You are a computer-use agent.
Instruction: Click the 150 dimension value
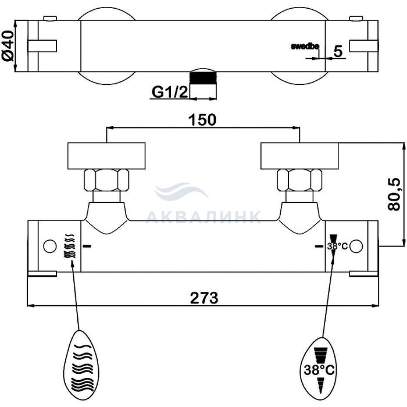point(202,120)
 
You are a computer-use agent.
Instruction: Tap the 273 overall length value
point(204,298)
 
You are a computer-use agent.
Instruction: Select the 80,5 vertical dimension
point(394,194)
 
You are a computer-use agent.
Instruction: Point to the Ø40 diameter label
point(8,45)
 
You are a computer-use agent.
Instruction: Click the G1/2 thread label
point(170,92)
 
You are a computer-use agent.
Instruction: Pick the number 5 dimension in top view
point(338,51)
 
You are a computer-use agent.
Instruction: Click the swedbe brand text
point(305,47)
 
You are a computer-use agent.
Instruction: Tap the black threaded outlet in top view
point(203,78)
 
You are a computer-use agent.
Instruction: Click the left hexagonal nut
point(106,180)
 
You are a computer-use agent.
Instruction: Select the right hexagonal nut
point(299,180)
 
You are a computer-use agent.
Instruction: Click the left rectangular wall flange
point(106,156)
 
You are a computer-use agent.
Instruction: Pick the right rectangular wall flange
point(299,156)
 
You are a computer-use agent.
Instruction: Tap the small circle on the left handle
point(50,247)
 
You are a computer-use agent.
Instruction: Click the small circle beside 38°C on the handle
point(356,247)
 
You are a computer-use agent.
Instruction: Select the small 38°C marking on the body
point(337,246)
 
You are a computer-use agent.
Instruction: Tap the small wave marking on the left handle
point(69,246)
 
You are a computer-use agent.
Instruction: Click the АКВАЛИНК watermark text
point(203,216)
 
